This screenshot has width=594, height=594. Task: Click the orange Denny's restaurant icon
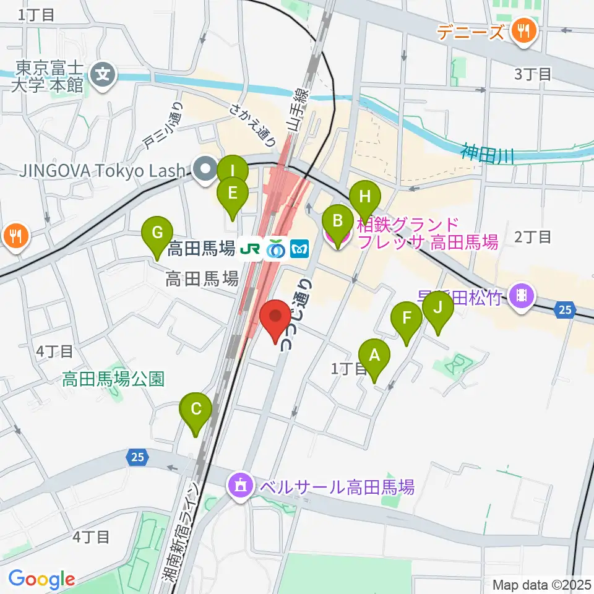(523, 31)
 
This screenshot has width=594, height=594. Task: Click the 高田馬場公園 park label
(113, 379)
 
